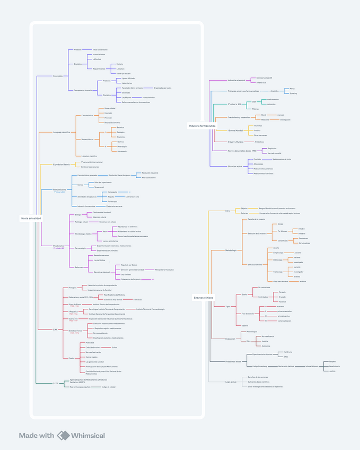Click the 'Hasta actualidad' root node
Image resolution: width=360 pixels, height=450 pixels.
[31, 219]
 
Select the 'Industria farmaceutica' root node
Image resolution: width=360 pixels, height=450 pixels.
[202, 126]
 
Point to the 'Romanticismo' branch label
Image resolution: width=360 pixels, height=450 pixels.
[59, 189]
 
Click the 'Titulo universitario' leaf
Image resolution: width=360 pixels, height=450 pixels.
[100, 49]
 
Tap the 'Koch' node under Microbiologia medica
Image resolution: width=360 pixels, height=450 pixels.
[105, 231]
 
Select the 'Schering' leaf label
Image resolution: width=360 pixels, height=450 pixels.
[293, 93]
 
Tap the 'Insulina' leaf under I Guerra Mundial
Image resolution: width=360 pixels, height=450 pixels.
[257, 131]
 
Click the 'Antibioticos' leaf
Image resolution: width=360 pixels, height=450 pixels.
[259, 142]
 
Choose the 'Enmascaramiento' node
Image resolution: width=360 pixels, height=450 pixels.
[255, 264]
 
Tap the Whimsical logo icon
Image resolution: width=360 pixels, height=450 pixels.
[63, 436]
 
